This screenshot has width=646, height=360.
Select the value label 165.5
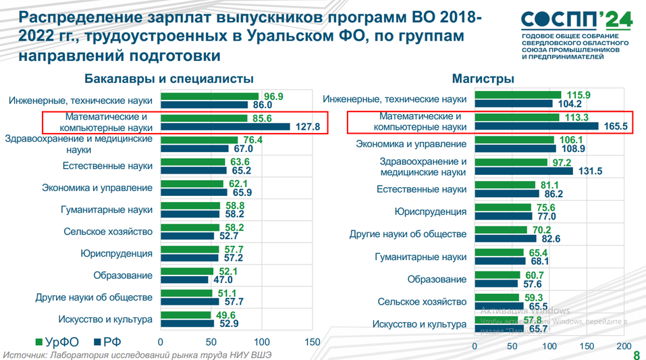tap(613, 126)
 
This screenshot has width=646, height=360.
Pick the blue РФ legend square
tap(96, 342)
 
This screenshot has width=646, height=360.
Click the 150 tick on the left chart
tap(312, 342)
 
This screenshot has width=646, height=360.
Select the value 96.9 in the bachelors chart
tap(273, 96)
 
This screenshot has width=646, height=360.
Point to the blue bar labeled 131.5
tap(524, 171)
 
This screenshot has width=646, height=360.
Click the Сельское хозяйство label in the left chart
tap(107, 232)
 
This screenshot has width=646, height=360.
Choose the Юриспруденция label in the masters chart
tap(430, 211)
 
